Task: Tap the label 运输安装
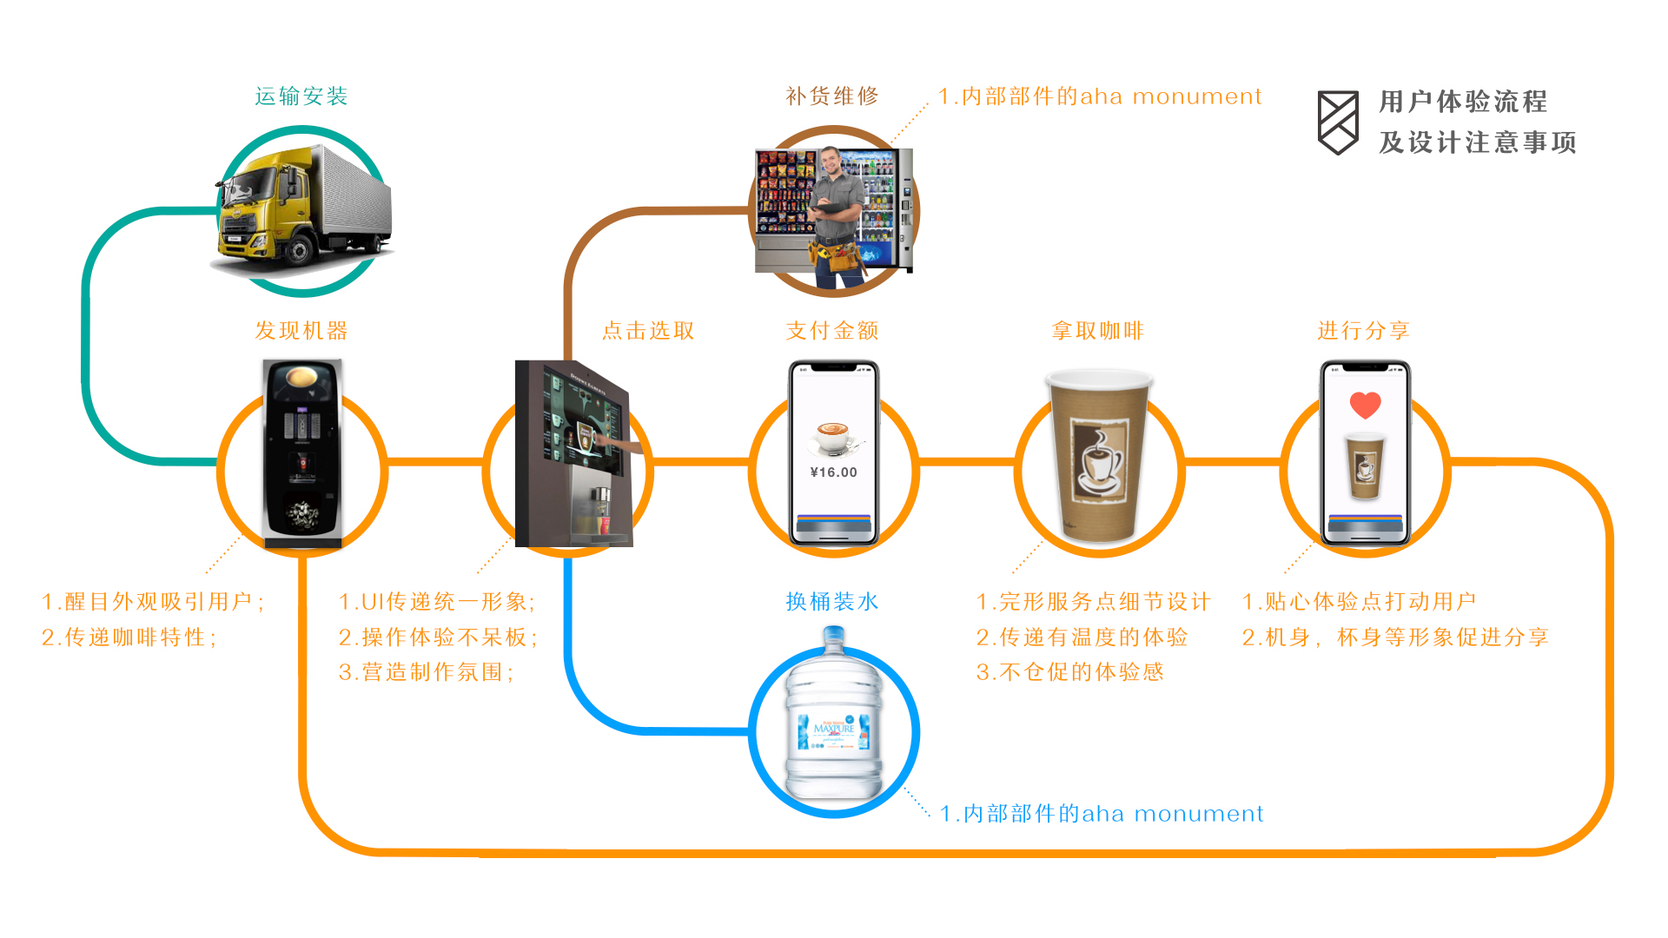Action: click(301, 96)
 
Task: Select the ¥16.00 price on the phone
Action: click(833, 472)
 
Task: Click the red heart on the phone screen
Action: click(1365, 405)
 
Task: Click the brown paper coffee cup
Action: click(1099, 456)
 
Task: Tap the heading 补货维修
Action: click(832, 96)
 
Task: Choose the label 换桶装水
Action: click(832, 602)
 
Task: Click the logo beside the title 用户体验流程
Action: click(1338, 122)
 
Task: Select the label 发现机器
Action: click(301, 331)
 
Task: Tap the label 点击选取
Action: click(648, 331)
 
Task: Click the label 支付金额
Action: click(832, 331)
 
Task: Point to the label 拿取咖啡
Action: click(1098, 331)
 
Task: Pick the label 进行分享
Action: click(1363, 331)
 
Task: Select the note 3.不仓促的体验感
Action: click(1069, 672)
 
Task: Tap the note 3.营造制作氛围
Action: click(426, 672)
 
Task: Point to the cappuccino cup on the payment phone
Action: click(833, 437)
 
